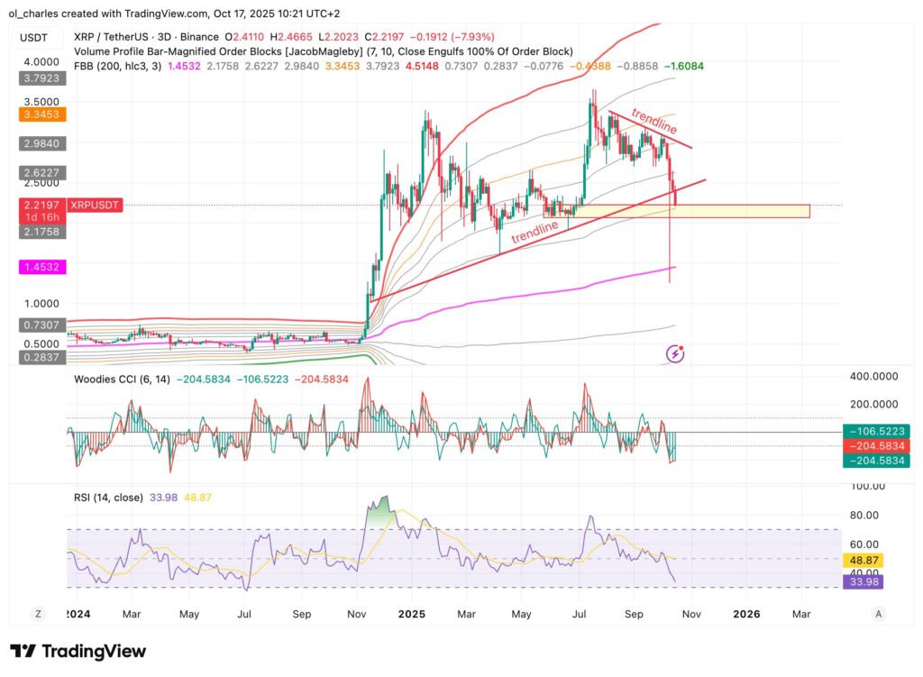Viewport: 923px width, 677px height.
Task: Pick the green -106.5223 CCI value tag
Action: pos(871,432)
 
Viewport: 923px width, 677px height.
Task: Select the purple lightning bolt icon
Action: pos(675,354)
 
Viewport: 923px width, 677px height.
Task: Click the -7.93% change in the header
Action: pos(462,36)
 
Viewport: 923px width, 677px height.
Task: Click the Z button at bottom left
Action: pos(38,614)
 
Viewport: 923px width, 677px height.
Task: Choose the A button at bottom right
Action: pos(879,614)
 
